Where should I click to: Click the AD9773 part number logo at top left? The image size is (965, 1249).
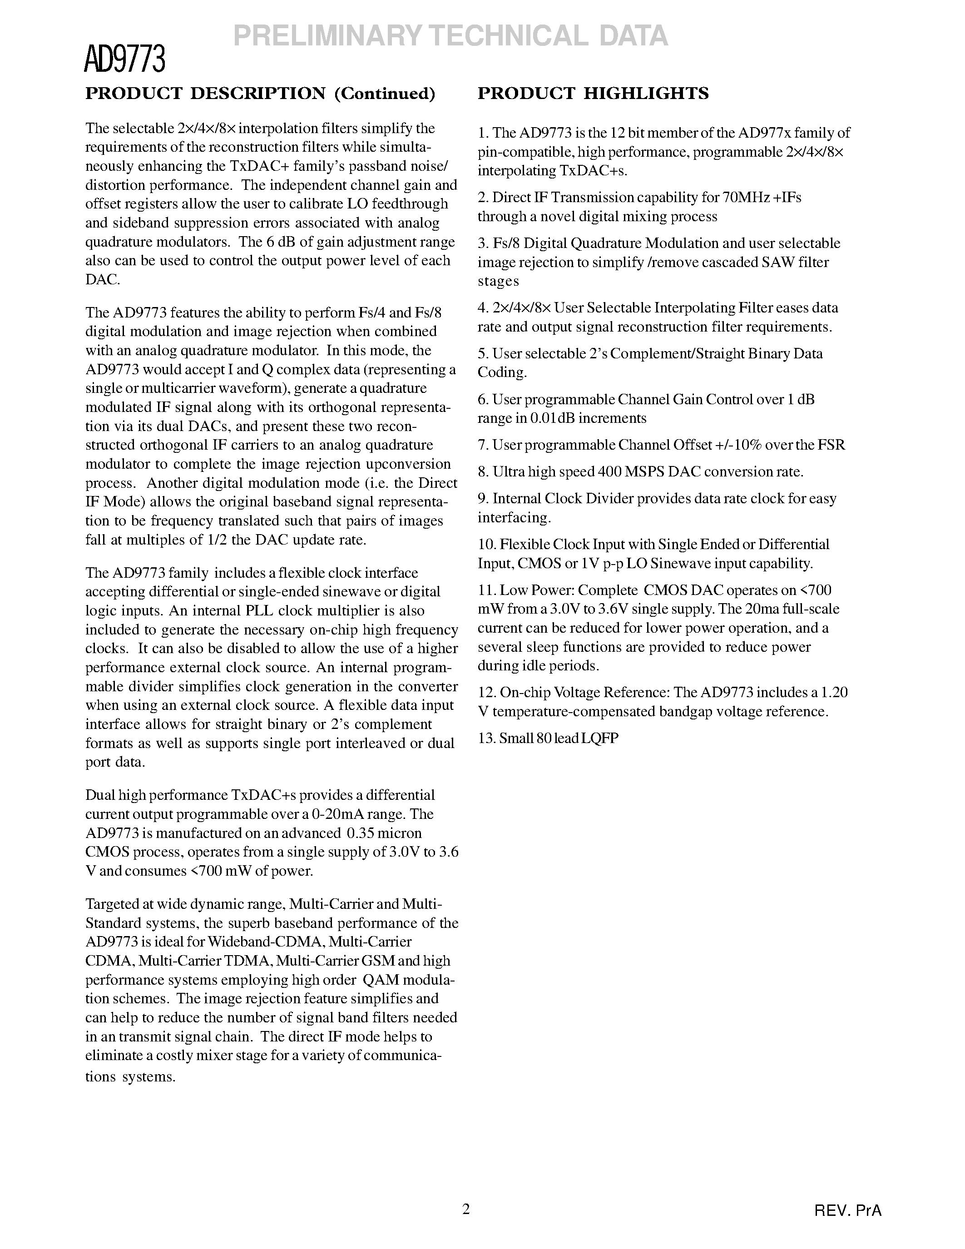(x=124, y=59)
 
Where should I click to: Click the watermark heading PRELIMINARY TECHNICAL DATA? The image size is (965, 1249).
(x=450, y=36)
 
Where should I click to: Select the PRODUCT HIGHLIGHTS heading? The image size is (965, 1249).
(x=593, y=93)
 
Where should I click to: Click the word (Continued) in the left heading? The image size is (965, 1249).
(x=384, y=93)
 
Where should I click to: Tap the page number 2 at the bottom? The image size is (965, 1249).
(x=466, y=1209)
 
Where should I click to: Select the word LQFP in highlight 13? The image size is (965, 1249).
(x=600, y=738)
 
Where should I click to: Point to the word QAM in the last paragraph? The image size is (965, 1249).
(x=378, y=980)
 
